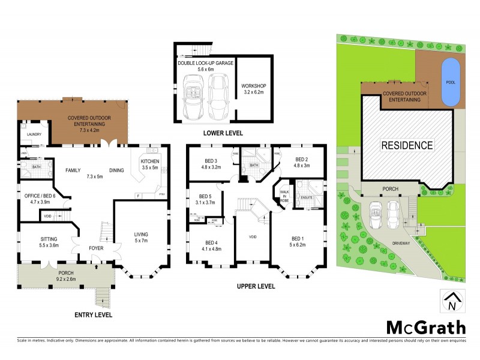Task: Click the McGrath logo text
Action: tap(425, 328)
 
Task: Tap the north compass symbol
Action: tap(452, 301)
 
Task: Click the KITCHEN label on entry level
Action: tap(150, 162)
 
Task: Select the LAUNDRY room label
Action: tap(34, 134)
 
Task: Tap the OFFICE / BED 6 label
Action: tap(39, 196)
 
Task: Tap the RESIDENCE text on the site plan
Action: tap(406, 145)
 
